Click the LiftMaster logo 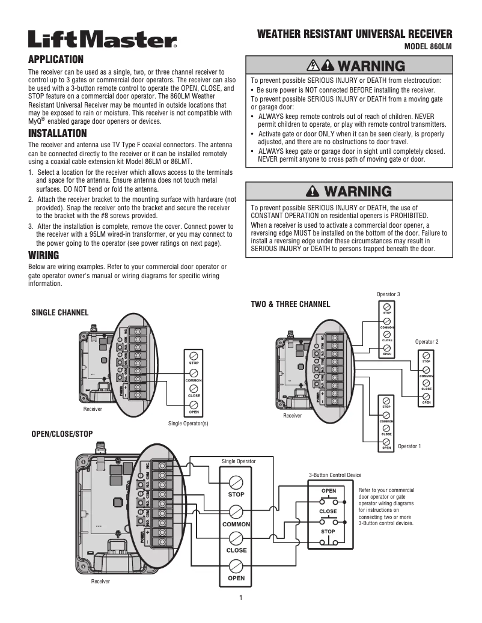pyautogui.click(x=102, y=40)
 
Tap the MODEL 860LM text pyautogui.click(x=428, y=46)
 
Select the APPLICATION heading pyautogui.click(x=55, y=59)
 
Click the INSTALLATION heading pyautogui.click(x=58, y=133)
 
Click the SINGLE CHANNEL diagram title pyautogui.click(x=59, y=312)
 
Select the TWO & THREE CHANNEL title pyautogui.click(x=290, y=304)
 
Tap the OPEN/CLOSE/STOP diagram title pyautogui.click(x=62, y=433)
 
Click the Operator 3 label pyautogui.click(x=388, y=294)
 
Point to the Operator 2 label pyautogui.click(x=427, y=342)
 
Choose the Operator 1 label pyautogui.click(x=409, y=446)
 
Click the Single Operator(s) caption pyautogui.click(x=188, y=424)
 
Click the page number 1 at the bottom pyautogui.click(x=240, y=597)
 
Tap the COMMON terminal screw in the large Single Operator pyautogui.click(x=236, y=511)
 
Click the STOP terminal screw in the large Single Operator pyautogui.click(x=236, y=482)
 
